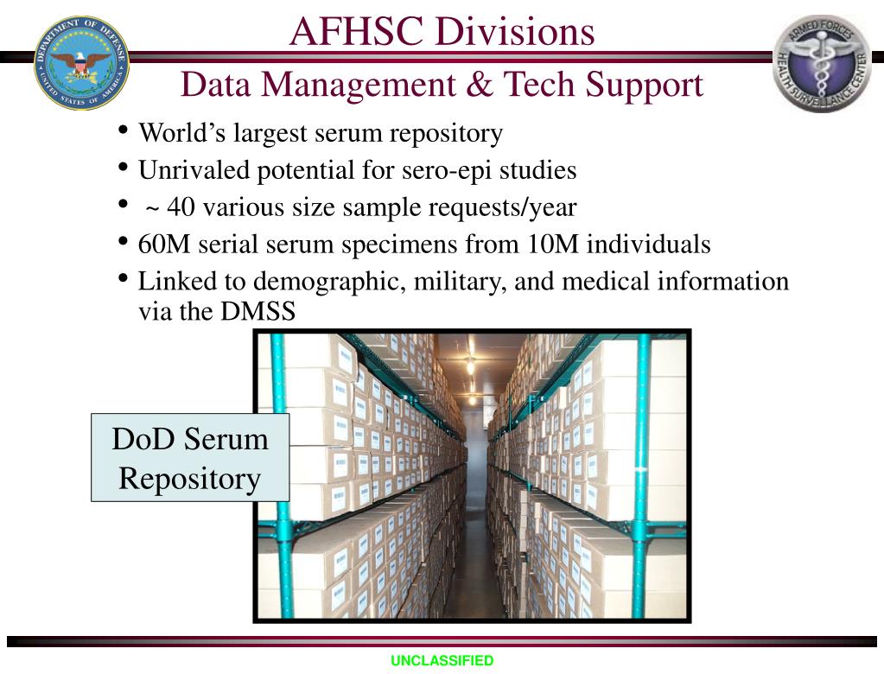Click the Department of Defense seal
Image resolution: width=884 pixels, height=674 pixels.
[x=82, y=61]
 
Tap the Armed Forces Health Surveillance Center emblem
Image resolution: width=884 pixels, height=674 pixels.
[x=822, y=63]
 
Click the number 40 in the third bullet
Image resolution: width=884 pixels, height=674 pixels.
[x=181, y=207]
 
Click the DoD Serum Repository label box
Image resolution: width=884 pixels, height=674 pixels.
[x=190, y=457]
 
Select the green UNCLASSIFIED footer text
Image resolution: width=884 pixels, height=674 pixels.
[x=442, y=661]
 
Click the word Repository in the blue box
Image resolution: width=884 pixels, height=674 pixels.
[x=190, y=478]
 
